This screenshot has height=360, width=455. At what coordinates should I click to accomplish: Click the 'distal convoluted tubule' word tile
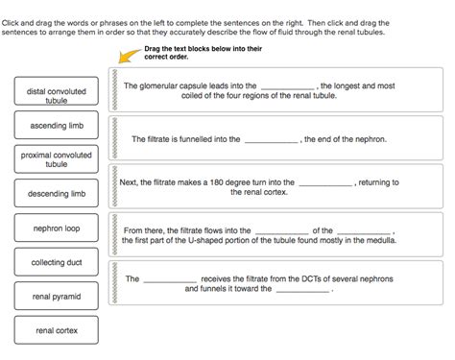57,96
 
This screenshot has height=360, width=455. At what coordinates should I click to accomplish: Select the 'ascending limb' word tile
57,126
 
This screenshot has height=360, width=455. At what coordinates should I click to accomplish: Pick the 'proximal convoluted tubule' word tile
57,159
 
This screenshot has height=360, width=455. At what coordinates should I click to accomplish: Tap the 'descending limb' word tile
57,194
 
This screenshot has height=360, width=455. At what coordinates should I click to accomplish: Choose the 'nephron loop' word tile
57,228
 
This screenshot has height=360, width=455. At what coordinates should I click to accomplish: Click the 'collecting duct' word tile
57,262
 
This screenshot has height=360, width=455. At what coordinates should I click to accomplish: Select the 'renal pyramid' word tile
57,297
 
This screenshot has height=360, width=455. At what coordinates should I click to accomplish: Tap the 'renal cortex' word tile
57,330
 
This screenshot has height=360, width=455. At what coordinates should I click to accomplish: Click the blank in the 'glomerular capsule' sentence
287,86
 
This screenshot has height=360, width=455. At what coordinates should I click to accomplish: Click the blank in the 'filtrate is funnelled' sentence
272,140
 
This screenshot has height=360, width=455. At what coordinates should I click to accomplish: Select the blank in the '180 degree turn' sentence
325,183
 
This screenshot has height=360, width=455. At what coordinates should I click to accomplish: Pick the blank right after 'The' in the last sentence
170,280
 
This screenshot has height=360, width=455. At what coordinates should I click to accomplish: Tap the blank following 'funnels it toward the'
303,290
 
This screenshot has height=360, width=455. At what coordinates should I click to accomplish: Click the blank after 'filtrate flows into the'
282,231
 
